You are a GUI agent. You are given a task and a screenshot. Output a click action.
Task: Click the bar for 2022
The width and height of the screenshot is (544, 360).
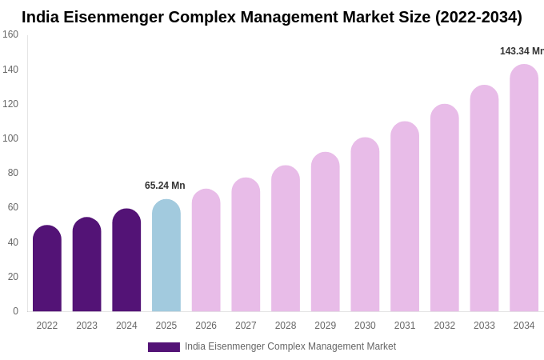tap(47, 269)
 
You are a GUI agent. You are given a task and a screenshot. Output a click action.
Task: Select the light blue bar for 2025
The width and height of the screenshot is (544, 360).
tap(166, 256)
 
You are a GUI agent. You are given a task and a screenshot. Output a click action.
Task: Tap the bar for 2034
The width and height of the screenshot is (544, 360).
tap(524, 189)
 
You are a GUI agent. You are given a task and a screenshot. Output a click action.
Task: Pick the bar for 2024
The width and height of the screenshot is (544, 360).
tap(126, 261)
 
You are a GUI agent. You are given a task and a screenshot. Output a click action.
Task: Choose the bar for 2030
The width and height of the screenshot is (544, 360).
tap(365, 225)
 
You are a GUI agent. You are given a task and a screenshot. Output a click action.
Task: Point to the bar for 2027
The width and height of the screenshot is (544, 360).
tap(246, 245)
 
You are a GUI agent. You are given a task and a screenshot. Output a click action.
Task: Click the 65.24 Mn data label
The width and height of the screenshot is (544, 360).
tap(165, 186)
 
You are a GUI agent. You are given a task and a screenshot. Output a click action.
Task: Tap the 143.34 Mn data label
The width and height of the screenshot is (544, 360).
tap(522, 51)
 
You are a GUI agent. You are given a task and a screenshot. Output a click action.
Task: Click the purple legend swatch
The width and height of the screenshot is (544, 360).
tap(163, 347)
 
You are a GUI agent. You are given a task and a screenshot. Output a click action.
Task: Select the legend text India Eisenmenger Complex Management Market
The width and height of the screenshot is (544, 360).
tap(290, 346)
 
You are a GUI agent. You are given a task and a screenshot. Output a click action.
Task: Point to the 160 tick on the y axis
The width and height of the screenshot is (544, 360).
tap(10, 34)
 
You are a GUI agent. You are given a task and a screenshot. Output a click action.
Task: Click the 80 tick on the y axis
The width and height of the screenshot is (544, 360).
tap(13, 173)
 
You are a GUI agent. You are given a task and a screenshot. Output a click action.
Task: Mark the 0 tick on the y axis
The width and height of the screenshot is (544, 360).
tap(15, 311)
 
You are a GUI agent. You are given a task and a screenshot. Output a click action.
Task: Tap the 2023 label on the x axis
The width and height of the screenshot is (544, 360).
tap(86, 326)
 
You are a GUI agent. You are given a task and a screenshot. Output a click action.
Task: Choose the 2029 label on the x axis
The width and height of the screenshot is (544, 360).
tap(325, 326)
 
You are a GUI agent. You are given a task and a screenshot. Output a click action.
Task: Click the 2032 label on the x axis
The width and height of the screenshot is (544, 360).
tap(444, 326)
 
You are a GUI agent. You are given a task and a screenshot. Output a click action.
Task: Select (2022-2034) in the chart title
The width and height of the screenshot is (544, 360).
tap(478, 17)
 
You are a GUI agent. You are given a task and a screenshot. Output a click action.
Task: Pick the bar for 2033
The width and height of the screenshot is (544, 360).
tap(484, 198)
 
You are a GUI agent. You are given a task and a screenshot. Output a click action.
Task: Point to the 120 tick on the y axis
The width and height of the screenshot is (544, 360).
tap(10, 104)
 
